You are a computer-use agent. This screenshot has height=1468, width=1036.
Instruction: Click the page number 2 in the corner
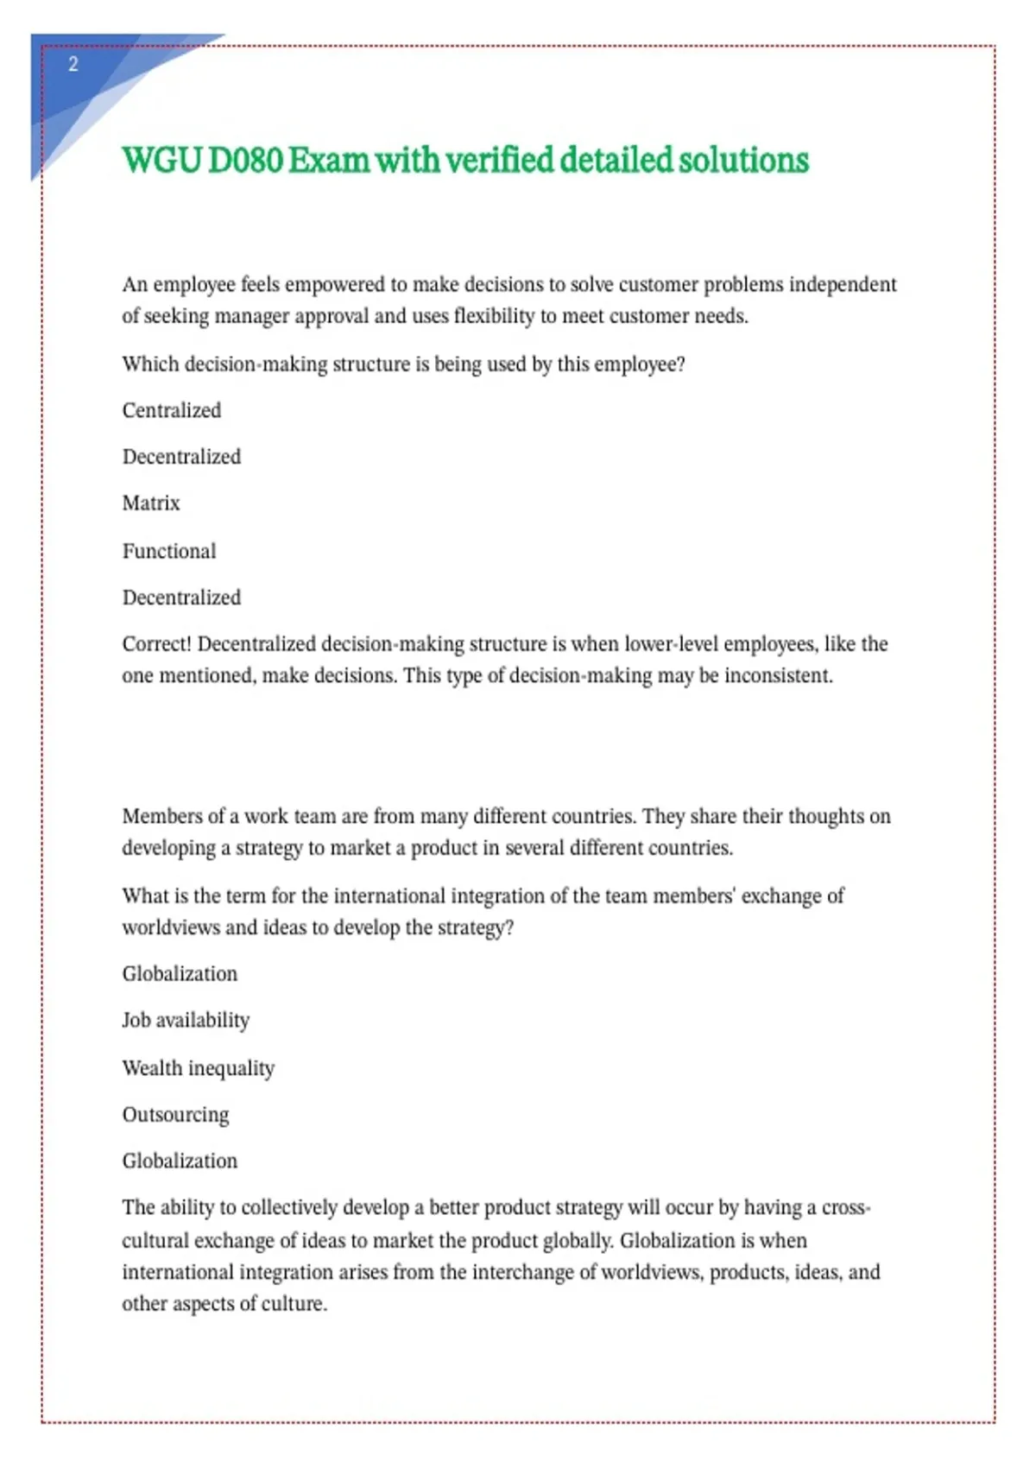coord(73,64)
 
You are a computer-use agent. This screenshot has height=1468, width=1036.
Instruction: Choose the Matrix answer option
coord(151,503)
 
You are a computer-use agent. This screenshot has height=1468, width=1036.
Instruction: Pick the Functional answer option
coord(169,551)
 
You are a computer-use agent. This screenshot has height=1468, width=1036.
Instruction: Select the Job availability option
coord(186,1021)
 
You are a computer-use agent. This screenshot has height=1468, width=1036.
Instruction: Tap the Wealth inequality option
coord(199,1068)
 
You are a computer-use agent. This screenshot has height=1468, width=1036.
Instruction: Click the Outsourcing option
coord(176,1115)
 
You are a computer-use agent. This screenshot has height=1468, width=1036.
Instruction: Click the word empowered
coord(335,285)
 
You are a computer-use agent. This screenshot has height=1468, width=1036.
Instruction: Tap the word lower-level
coord(678,644)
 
